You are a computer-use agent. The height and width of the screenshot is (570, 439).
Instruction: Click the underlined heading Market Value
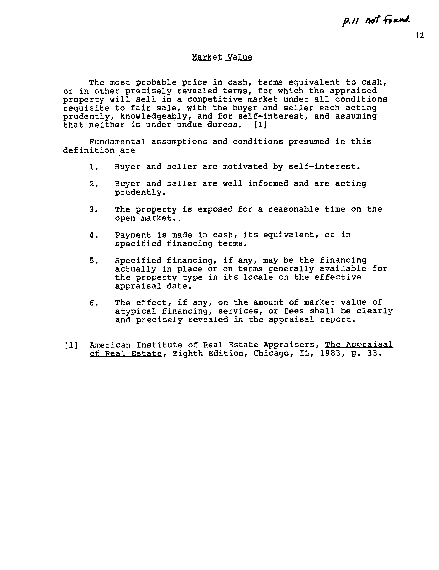click(222, 57)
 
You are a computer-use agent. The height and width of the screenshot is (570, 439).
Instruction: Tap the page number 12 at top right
click(420, 35)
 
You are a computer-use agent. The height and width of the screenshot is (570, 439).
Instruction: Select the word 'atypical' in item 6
click(135, 311)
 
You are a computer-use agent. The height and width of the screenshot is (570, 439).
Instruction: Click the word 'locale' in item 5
click(258, 277)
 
